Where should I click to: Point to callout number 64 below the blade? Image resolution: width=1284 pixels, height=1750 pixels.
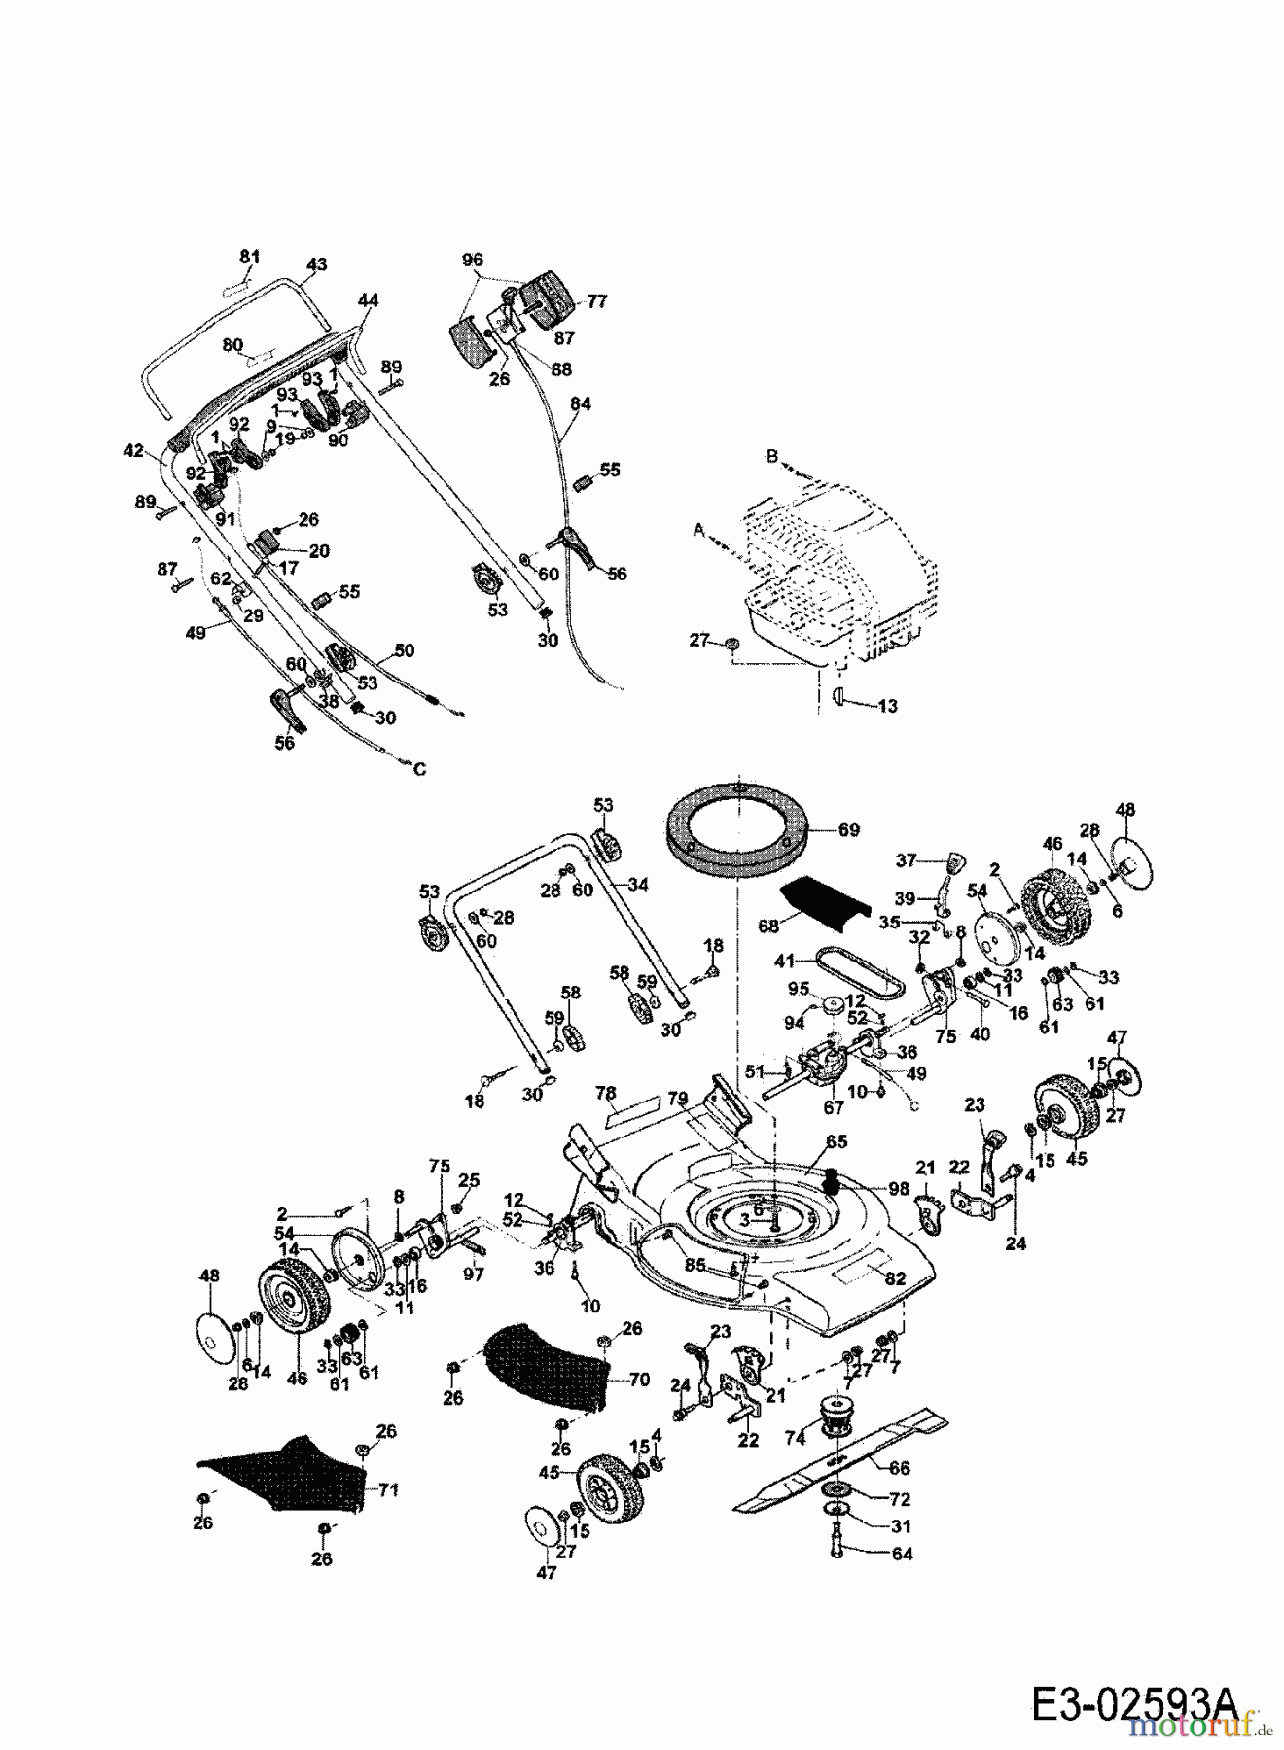tap(902, 1554)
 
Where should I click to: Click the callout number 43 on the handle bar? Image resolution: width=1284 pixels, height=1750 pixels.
tap(316, 264)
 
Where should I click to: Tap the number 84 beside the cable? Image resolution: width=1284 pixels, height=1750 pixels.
tap(581, 403)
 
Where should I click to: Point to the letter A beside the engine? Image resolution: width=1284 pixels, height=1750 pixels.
tap(698, 531)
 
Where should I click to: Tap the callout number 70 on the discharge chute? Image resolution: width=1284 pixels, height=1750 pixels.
tap(640, 1378)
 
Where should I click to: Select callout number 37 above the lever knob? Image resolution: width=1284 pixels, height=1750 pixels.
tap(906, 859)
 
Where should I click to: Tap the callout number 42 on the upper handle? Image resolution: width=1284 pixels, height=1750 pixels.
tap(133, 451)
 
